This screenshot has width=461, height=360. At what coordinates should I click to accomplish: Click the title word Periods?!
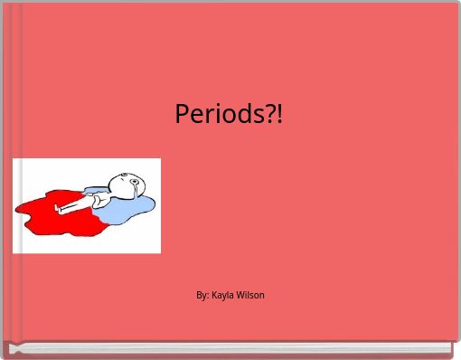tap(229, 114)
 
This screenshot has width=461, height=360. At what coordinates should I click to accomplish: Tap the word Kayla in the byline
tap(222, 295)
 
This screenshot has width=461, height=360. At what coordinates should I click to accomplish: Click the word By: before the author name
tap(202, 295)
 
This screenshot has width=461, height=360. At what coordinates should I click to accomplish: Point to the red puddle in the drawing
tap(45, 213)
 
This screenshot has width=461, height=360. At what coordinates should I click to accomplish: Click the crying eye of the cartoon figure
tap(133, 183)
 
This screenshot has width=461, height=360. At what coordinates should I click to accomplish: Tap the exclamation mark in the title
tap(279, 114)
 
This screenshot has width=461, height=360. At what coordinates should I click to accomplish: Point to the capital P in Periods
tap(181, 114)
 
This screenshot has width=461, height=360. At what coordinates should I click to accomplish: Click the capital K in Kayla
tap(214, 295)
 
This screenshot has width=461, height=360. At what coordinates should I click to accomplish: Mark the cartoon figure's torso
tap(97, 197)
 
